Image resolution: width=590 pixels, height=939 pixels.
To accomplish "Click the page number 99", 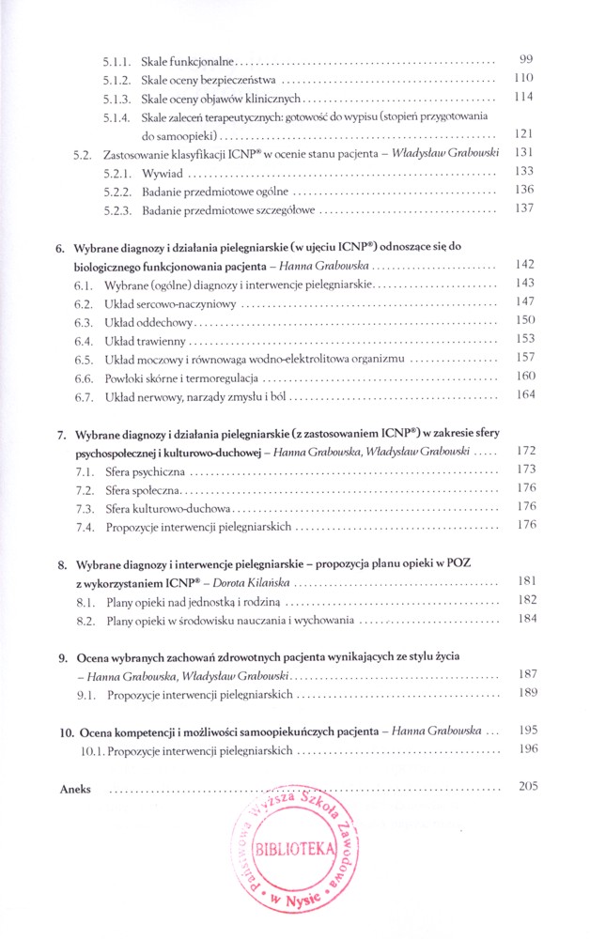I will click(x=525, y=59).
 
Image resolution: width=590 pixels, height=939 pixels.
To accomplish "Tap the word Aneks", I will click(x=75, y=790).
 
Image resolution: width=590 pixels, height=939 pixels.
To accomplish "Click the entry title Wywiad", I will click(x=163, y=172).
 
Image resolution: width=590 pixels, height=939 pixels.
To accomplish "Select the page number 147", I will click(x=525, y=301).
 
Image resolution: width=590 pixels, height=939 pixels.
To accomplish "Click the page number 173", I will click(x=525, y=468).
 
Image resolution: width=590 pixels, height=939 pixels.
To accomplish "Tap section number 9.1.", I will click(x=86, y=695).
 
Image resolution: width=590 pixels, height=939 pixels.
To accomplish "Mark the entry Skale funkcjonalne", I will click(x=188, y=61).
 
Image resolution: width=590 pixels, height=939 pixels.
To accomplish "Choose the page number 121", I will click(x=525, y=133).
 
